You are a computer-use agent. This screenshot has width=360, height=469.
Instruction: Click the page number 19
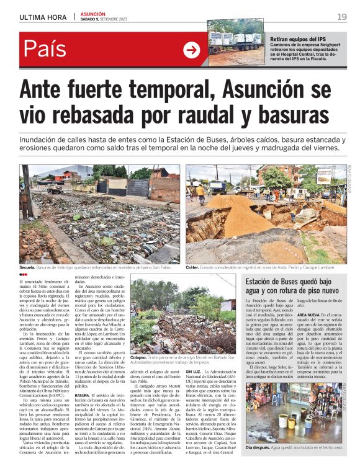click(342, 16)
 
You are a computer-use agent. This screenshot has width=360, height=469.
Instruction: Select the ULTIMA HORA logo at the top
click(39, 16)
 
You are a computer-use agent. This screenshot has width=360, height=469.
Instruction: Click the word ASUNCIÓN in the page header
click(92, 13)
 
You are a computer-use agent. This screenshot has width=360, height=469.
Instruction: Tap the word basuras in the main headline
click(282, 115)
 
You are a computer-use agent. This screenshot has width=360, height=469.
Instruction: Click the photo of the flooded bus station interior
click(295, 413)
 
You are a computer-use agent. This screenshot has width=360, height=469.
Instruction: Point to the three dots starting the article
click(23, 274)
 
